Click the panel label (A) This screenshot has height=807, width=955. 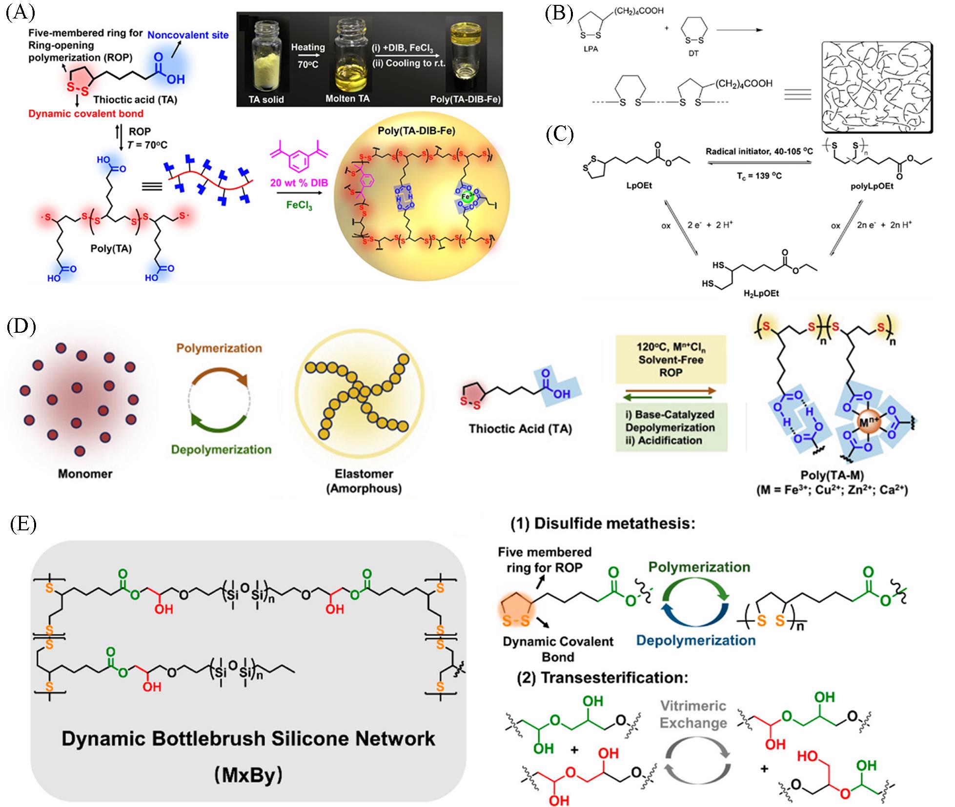coord(20,12)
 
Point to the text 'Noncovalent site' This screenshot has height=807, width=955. coord(188,35)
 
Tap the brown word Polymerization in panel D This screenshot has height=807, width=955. coord(219,348)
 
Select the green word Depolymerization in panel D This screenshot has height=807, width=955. coord(221,449)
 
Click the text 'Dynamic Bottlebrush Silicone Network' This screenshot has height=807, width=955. coord(248,739)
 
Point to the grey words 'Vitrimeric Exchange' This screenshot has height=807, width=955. coord(693,714)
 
